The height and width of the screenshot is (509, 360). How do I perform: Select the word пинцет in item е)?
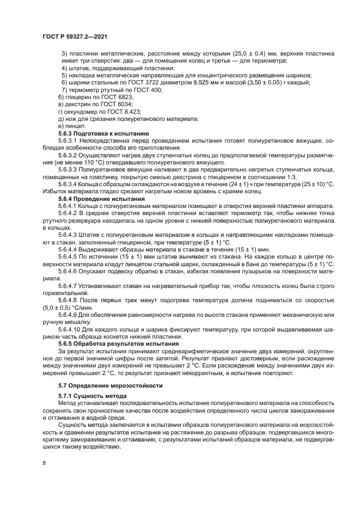tap(75, 125)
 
